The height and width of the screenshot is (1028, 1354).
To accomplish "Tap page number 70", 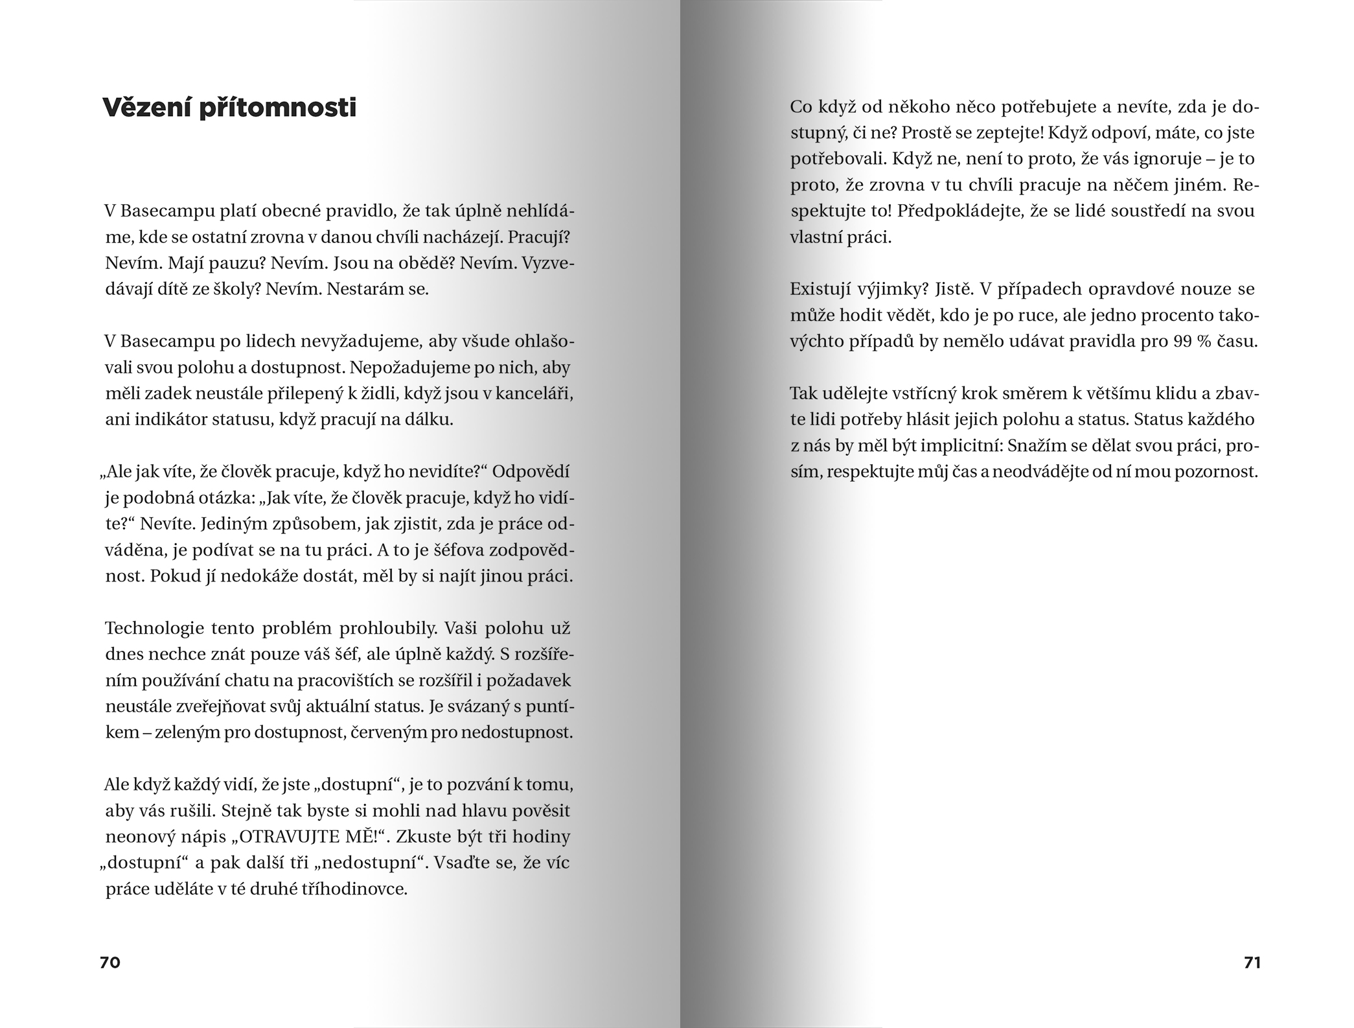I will (110, 963).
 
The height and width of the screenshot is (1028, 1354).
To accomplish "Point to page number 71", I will (1252, 963).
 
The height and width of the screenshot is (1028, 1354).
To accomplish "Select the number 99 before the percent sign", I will (1182, 342).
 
